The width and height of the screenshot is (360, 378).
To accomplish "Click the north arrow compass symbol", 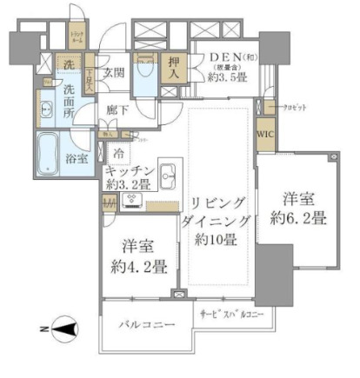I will click(x=62, y=328).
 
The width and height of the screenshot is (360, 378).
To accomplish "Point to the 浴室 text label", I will click(x=77, y=158).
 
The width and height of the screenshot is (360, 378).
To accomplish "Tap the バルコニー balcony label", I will click(x=144, y=323).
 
